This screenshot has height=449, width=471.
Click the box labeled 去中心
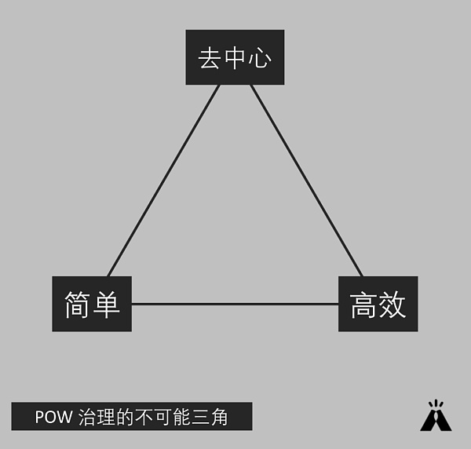(x=235, y=57)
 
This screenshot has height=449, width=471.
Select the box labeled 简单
(x=92, y=304)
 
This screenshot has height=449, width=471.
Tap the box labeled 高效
(x=378, y=304)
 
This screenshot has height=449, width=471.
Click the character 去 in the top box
(x=210, y=58)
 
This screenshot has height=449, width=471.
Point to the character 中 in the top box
(x=235, y=58)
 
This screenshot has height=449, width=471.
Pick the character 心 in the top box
(x=260, y=58)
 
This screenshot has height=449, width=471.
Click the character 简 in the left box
(x=78, y=305)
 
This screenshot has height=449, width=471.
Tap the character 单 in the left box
(x=106, y=305)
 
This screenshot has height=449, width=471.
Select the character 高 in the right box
(x=364, y=305)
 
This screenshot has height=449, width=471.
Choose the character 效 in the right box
(x=392, y=305)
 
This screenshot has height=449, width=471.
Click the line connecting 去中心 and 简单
(x=163, y=181)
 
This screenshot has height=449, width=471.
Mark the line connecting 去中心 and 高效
(x=306, y=181)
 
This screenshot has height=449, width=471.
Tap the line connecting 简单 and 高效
(x=235, y=304)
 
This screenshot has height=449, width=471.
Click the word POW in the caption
(x=53, y=417)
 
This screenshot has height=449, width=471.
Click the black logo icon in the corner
(x=436, y=416)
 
